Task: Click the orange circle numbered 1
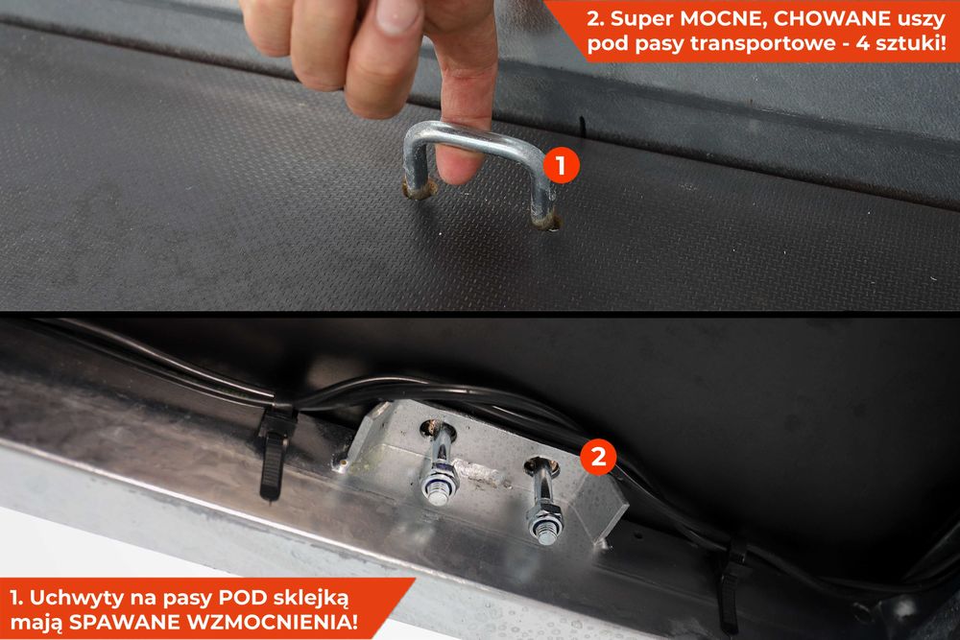(x=561, y=165)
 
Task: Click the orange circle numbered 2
(x=598, y=456)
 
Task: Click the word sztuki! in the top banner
(x=912, y=44)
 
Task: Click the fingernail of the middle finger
(x=396, y=13)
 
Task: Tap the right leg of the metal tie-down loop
(x=541, y=196)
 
